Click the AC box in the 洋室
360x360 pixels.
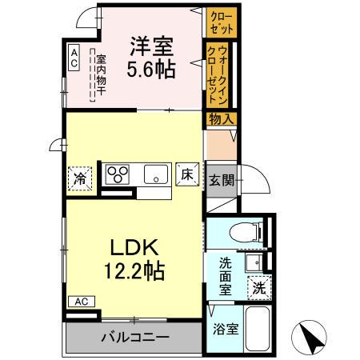pos(74,56)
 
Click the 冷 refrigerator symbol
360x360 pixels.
pos(81,177)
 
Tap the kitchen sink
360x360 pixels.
pos(155,174)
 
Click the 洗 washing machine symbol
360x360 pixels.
pos(260,287)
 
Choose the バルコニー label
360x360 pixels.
pos(134,337)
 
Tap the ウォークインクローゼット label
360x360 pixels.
pos(218,73)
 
